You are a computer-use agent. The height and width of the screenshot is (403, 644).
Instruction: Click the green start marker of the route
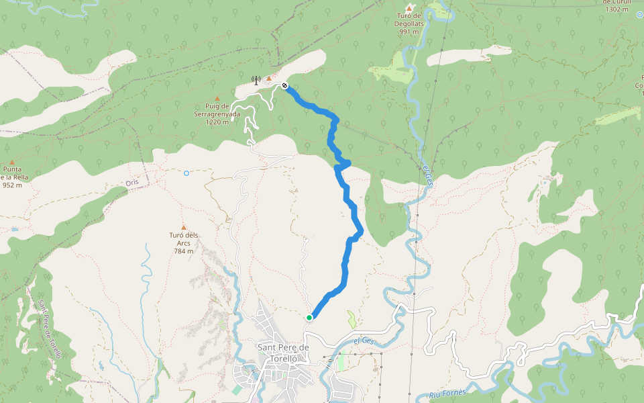[x=309, y=318]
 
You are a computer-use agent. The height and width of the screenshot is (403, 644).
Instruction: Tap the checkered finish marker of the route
[x=285, y=85]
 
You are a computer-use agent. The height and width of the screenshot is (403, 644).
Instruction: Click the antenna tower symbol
[x=256, y=80]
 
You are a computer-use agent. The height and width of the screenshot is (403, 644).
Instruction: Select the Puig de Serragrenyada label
[x=217, y=114]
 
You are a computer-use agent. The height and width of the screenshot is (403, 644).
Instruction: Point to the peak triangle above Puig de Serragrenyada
[x=217, y=99]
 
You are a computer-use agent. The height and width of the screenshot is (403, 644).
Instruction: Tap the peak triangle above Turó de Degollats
[x=409, y=7]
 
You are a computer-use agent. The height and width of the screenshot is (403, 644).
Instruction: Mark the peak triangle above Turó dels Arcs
[x=183, y=228]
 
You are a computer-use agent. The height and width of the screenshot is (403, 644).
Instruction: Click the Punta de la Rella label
[x=12, y=177]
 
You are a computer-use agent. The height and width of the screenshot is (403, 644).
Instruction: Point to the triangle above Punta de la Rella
[x=11, y=162]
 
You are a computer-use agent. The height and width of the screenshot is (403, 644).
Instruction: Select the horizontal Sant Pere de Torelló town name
[x=283, y=353]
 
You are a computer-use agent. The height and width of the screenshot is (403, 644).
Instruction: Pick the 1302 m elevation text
[x=616, y=9]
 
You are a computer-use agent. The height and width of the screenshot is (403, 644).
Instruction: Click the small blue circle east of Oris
[x=186, y=173]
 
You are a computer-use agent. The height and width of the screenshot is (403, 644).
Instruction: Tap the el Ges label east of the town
[x=364, y=341]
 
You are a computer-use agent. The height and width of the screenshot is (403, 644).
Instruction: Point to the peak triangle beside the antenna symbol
[x=269, y=79]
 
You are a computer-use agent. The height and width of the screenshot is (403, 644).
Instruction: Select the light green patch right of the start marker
[x=352, y=319]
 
